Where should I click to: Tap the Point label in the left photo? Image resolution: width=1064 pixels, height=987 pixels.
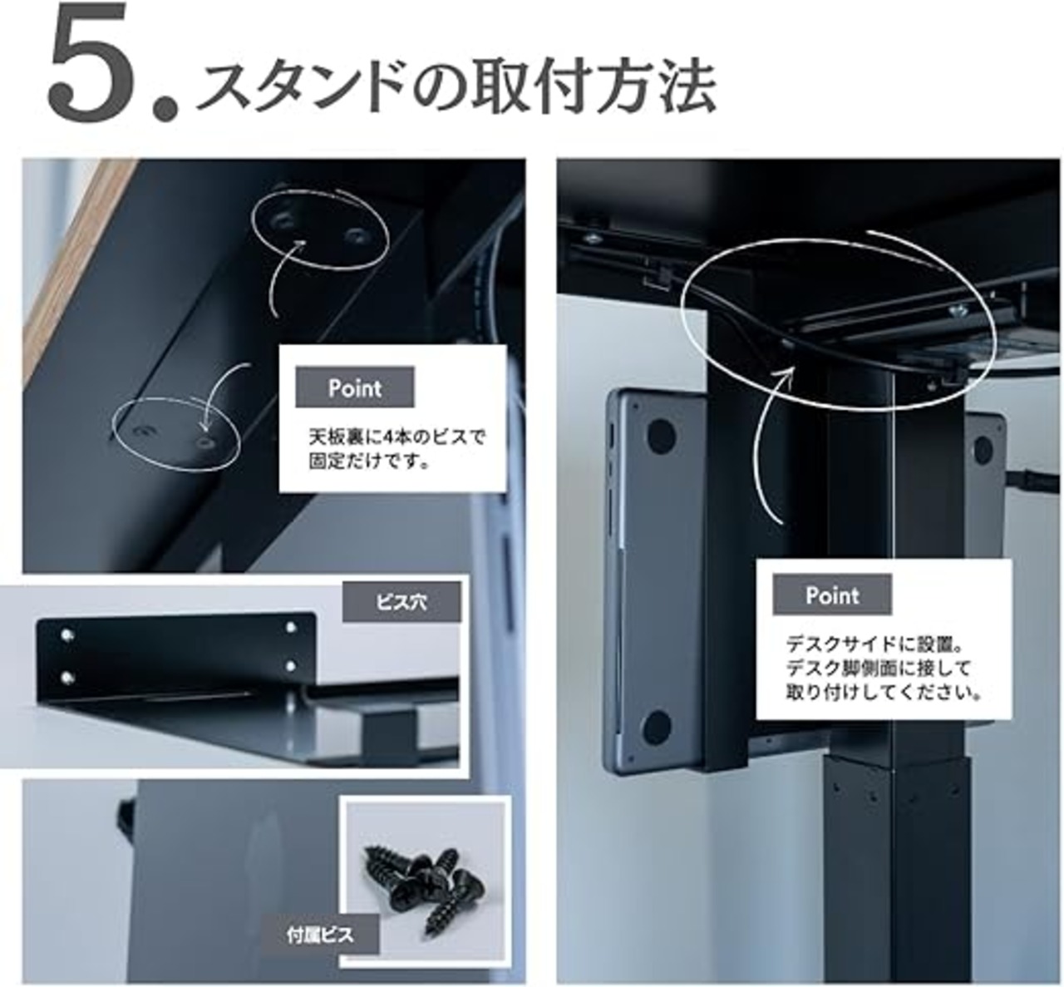(x=355, y=387)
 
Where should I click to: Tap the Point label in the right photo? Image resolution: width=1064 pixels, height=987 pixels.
(x=832, y=595)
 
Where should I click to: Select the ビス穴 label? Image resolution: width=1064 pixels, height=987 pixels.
(x=401, y=602)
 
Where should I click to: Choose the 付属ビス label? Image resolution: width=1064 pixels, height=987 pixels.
(x=320, y=935)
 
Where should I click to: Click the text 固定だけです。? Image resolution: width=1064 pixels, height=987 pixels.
(x=370, y=461)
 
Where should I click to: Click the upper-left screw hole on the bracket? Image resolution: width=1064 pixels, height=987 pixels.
(x=66, y=635)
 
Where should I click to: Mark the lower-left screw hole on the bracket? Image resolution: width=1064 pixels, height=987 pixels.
(x=67, y=678)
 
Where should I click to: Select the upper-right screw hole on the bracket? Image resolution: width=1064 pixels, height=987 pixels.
(x=292, y=627)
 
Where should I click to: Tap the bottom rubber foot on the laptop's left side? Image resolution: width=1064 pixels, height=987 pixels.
(x=658, y=728)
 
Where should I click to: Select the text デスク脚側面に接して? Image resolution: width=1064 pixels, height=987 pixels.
(x=879, y=668)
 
